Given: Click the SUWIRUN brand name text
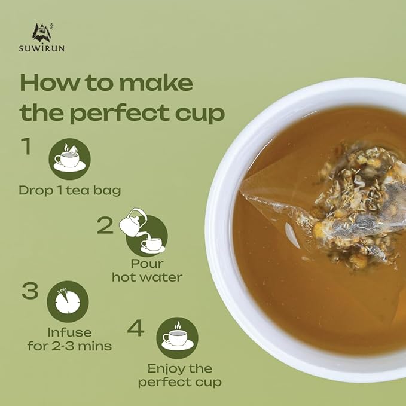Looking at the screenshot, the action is pos(42,48).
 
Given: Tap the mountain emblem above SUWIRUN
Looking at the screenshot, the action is pos(42,33).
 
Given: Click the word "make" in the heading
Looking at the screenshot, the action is pos(156,83).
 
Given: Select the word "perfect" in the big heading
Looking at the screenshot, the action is pos(120,113).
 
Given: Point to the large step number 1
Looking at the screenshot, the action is pos(26,146).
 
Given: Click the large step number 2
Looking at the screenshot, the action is pos(105,225).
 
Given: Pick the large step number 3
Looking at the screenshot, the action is pos(30,291).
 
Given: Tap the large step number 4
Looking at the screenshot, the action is pos(136,328).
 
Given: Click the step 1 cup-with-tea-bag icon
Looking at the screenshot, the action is pos(69,159).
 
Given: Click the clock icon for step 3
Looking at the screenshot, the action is pos(68,301).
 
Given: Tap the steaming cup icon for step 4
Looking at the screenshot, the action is pos(178,338).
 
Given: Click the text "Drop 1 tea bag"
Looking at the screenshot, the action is pos(70,191).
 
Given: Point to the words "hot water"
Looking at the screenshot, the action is pos(147,277).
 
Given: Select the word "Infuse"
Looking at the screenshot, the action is pos(69,332).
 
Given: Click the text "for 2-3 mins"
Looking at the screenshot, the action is pos(69,346).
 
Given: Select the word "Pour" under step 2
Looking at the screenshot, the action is pos(147,264).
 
